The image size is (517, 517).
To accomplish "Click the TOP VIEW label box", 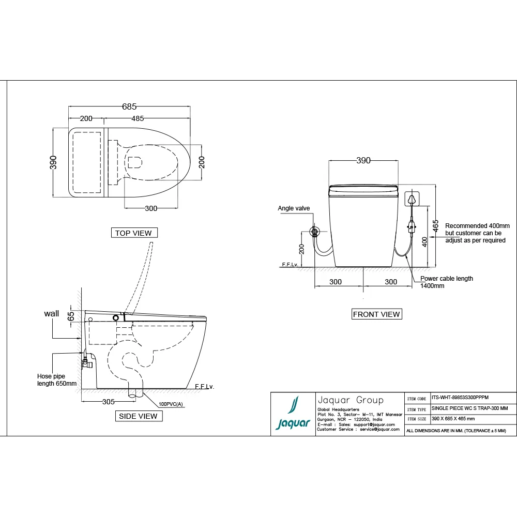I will (134, 233).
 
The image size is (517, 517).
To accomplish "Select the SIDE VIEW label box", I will (138, 416).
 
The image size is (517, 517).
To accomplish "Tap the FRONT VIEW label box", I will (376, 314).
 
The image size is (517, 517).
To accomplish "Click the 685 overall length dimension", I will (129, 107).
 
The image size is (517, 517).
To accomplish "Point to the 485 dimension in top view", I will (138, 118).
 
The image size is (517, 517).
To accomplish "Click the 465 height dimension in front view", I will (436, 225).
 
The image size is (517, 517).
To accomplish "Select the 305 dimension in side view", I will (109, 401).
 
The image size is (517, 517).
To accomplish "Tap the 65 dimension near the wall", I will (71, 315).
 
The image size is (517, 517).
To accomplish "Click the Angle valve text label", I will (294, 208).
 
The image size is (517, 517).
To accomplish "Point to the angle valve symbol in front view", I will (313, 231).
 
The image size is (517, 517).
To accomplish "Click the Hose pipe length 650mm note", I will (56, 380).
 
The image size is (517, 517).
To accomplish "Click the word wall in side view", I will (52, 313).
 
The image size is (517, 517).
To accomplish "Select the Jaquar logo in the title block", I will (293, 414).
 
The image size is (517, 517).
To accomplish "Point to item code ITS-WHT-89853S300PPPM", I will (459, 398).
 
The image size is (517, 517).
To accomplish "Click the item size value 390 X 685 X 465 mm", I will (453, 419).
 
